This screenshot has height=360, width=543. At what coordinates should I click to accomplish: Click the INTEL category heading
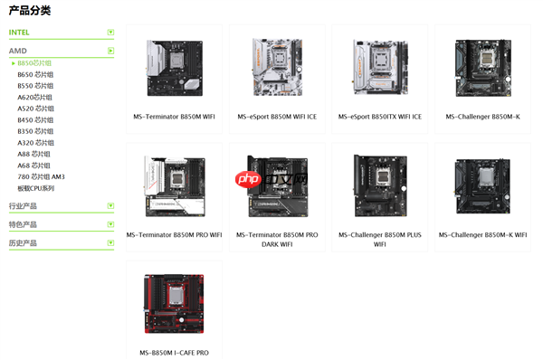tap(19, 32)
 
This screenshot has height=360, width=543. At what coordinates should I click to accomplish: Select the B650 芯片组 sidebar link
tap(35, 74)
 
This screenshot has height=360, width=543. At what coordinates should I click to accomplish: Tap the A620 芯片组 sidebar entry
tap(35, 97)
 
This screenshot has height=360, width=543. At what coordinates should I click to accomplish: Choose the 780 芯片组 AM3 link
tap(41, 176)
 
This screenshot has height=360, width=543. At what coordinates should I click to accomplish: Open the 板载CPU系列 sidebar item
tap(36, 188)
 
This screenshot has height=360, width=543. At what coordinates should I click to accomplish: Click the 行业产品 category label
tap(23, 206)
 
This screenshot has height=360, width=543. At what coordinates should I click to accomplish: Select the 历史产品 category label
tap(23, 243)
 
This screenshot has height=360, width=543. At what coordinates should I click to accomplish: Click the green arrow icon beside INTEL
tap(110, 32)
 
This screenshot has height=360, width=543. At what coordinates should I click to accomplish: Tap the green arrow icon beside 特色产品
tap(110, 224)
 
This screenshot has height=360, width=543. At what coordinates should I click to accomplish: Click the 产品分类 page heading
tap(30, 11)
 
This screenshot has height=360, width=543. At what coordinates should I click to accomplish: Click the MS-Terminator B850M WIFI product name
tap(174, 117)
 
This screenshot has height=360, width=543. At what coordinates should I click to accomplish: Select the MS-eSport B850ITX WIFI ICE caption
tap(380, 117)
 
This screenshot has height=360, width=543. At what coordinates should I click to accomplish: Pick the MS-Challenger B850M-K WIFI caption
tap(483, 235)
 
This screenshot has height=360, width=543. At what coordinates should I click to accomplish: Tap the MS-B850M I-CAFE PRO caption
tap(174, 352)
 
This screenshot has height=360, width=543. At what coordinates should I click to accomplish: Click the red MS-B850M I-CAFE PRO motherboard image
tap(174, 303)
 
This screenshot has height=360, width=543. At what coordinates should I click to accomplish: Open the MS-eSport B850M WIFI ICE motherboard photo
tap(277, 68)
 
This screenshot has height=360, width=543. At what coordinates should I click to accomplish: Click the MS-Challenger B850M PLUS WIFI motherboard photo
tap(380, 185)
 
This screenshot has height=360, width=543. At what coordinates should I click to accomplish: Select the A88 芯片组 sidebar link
tap(35, 154)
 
